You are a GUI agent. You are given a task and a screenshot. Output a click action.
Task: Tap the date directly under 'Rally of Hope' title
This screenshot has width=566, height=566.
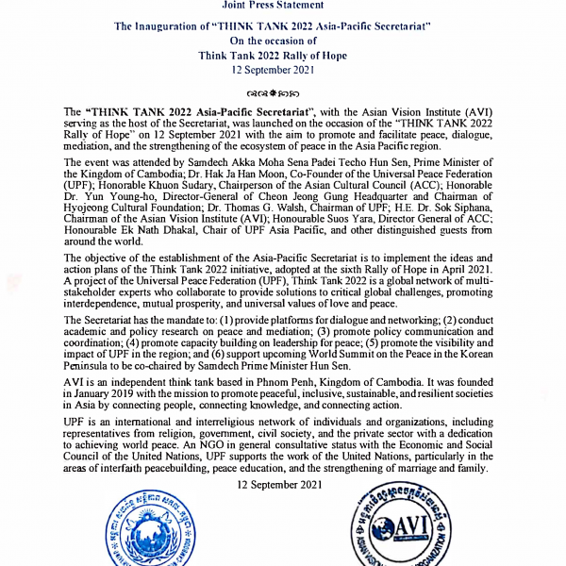click(283, 70)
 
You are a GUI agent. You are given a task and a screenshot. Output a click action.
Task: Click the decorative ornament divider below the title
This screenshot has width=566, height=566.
click(283, 95)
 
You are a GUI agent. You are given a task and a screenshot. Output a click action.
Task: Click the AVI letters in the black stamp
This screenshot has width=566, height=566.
click(412, 524)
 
